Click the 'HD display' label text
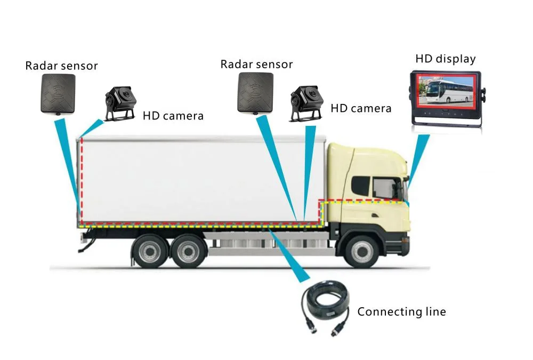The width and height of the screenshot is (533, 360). (445, 59)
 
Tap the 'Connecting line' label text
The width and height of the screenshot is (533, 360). (401, 311)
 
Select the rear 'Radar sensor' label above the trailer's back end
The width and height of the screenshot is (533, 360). (62, 66)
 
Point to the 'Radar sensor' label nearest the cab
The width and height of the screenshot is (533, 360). (257, 65)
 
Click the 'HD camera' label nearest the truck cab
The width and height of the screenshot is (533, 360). (361, 108)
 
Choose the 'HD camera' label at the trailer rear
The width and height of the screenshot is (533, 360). (173, 115)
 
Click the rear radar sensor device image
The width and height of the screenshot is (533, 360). (58, 93)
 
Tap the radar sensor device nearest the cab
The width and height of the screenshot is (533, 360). (255, 92)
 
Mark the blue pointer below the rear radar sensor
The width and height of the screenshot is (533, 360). (68, 160)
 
